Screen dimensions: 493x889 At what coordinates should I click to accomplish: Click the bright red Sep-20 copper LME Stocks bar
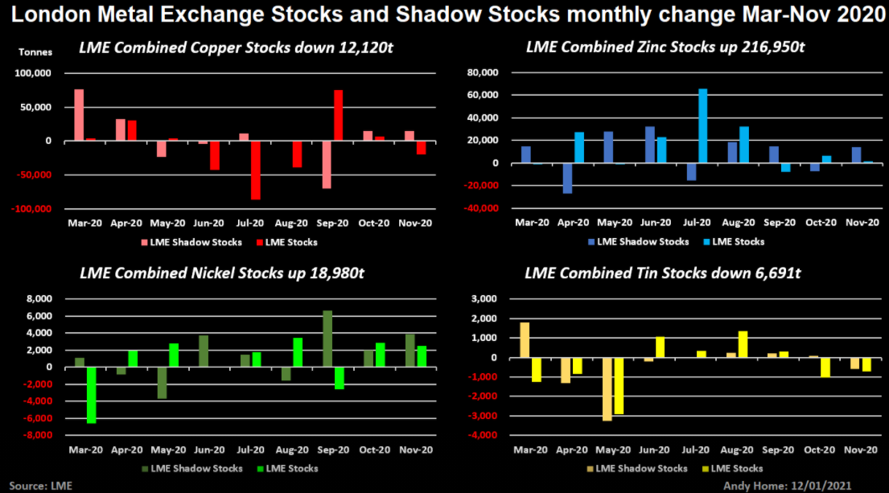click(338, 115)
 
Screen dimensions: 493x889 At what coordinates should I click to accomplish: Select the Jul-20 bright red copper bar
click(255, 170)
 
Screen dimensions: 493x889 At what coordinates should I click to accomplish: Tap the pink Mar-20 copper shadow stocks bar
click(79, 115)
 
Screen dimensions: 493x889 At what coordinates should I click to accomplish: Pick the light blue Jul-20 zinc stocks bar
click(702, 125)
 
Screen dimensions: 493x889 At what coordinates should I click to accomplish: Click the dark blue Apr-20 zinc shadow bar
click(567, 178)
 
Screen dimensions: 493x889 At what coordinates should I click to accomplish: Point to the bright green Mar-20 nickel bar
click(91, 395)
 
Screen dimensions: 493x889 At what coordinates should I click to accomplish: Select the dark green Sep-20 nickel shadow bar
click(327, 339)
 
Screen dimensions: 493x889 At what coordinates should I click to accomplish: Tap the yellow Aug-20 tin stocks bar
click(743, 344)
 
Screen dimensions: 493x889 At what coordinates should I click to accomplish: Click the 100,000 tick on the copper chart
click(35, 73)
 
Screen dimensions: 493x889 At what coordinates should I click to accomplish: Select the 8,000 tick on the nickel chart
click(40, 299)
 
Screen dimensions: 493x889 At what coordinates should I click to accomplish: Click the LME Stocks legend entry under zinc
click(734, 241)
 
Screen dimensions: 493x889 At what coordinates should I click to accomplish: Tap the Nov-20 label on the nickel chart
click(415, 450)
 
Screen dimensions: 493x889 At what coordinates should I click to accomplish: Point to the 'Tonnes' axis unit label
click(35, 52)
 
